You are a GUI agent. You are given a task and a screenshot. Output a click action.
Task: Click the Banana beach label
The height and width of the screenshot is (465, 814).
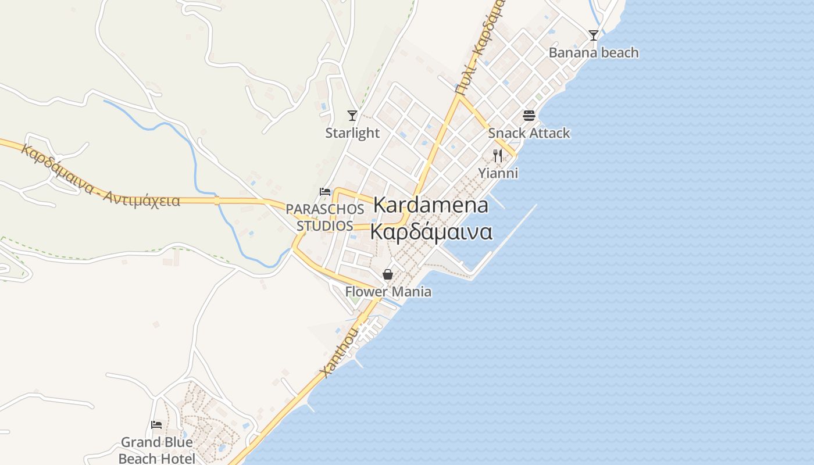tap(594, 53)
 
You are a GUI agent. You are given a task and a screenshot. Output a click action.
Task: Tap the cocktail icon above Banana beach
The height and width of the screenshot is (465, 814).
tap(593, 35)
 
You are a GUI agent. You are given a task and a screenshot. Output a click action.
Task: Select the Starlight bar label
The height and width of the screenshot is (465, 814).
tap(352, 133)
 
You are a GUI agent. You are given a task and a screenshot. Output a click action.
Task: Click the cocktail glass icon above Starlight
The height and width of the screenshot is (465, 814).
tap(352, 115)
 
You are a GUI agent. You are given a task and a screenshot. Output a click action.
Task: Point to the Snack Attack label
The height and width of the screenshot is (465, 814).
tap(529, 133)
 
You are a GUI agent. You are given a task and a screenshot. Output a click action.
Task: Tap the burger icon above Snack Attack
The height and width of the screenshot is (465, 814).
tap(529, 115)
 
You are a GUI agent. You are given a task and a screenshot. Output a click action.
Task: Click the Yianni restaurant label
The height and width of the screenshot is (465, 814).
tap(498, 173)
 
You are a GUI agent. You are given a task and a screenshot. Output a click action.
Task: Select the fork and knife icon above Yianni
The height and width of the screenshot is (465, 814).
tap(497, 155)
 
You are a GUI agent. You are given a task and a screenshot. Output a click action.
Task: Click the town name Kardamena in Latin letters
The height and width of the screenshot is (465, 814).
tap(431, 205)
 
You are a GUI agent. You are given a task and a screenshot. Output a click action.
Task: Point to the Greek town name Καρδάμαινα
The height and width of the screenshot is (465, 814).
tap(431, 232)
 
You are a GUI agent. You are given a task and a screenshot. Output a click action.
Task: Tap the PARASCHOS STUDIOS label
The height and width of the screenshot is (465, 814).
tap(325, 217)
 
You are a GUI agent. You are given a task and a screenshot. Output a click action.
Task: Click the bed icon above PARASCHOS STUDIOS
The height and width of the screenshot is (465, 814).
tap(325, 192)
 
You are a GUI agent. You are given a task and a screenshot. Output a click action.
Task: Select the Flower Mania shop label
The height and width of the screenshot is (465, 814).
tap(388, 292)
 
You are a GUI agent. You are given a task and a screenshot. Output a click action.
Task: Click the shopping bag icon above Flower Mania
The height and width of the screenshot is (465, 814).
tap(388, 274)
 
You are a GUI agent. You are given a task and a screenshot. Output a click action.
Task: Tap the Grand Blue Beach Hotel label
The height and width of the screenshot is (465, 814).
tap(156, 450)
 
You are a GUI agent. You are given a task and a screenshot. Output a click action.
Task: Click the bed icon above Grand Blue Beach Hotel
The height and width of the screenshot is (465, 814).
tap(156, 425)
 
